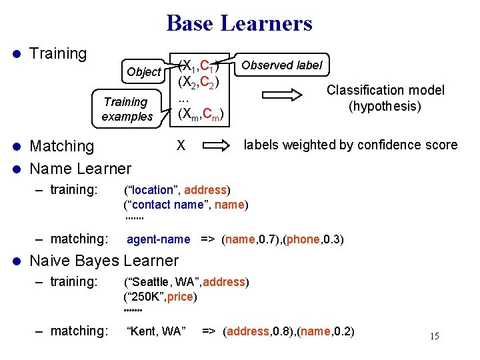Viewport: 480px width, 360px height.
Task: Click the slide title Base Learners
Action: (239, 24)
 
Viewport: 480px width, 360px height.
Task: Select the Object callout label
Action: (143, 72)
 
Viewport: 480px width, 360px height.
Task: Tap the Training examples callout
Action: (127, 109)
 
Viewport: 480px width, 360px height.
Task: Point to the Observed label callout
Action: (281, 65)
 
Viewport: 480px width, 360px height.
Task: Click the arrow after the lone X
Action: (215, 145)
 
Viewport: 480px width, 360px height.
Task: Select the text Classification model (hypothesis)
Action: (385, 98)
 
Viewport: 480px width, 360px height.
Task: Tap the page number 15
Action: (434, 336)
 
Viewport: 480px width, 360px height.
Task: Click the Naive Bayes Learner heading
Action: (105, 261)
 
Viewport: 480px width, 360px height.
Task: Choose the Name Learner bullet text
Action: (81, 168)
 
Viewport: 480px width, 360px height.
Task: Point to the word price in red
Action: (180, 297)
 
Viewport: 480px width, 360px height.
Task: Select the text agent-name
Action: (158, 239)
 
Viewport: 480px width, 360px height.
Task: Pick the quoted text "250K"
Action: (143, 297)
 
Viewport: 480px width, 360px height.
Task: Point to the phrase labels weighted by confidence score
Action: (351, 145)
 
